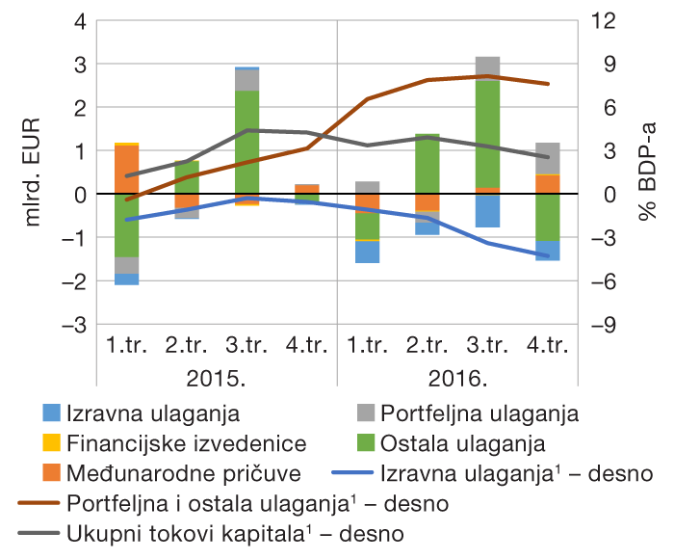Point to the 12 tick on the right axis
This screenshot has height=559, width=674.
(x=602, y=21)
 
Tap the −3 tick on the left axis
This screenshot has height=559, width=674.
(x=74, y=325)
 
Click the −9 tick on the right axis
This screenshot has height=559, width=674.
(x=602, y=325)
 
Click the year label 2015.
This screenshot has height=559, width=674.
(x=217, y=376)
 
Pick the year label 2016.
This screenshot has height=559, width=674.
(x=457, y=376)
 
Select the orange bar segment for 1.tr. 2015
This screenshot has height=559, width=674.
(x=126, y=169)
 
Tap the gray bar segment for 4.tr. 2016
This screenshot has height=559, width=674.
(x=548, y=158)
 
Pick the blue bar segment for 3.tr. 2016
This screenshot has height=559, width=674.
(x=487, y=211)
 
